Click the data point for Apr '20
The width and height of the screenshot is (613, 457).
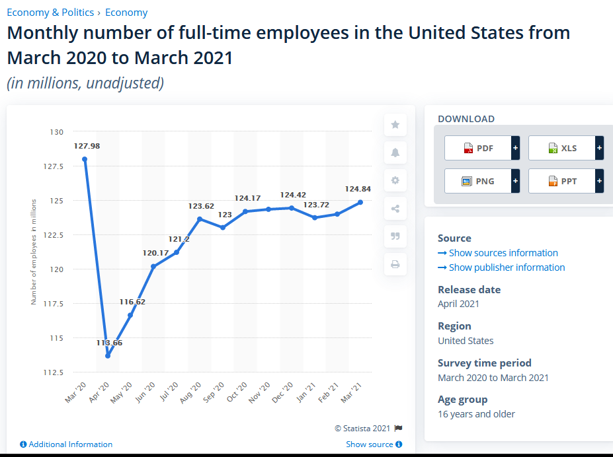click(x=108, y=355)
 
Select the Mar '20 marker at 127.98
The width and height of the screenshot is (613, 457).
click(x=85, y=159)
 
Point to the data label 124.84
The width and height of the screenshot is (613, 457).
click(x=357, y=189)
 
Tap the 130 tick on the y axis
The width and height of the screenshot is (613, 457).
click(x=56, y=132)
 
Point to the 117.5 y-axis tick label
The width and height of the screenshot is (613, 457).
click(x=53, y=304)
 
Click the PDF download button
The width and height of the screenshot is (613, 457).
click(x=478, y=148)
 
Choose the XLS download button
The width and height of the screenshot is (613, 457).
click(x=562, y=148)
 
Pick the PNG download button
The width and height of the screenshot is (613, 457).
click(x=478, y=181)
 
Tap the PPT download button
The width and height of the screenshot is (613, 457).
click(x=562, y=181)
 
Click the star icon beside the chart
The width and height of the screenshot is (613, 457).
click(x=395, y=125)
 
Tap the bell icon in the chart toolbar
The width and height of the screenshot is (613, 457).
click(x=395, y=153)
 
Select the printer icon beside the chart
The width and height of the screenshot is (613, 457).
click(x=395, y=264)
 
